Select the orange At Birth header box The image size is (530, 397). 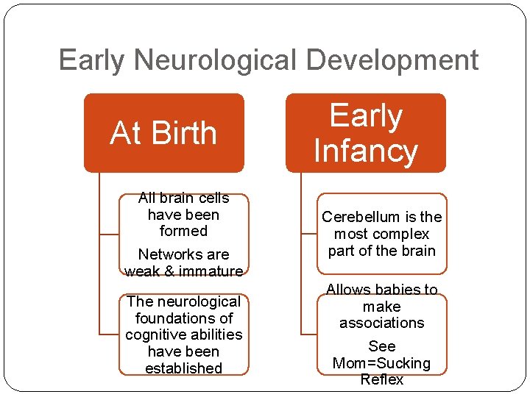163,133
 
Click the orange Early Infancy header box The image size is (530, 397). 366,133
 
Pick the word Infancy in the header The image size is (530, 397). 366,151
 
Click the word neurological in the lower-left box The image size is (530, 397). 196,301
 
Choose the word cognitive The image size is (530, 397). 158,335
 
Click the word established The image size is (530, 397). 183,368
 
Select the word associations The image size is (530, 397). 382,323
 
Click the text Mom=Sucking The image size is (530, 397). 382,363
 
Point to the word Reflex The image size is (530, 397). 382,379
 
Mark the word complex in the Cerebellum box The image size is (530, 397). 401,234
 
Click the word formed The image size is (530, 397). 183,231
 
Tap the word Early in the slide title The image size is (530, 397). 89,60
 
